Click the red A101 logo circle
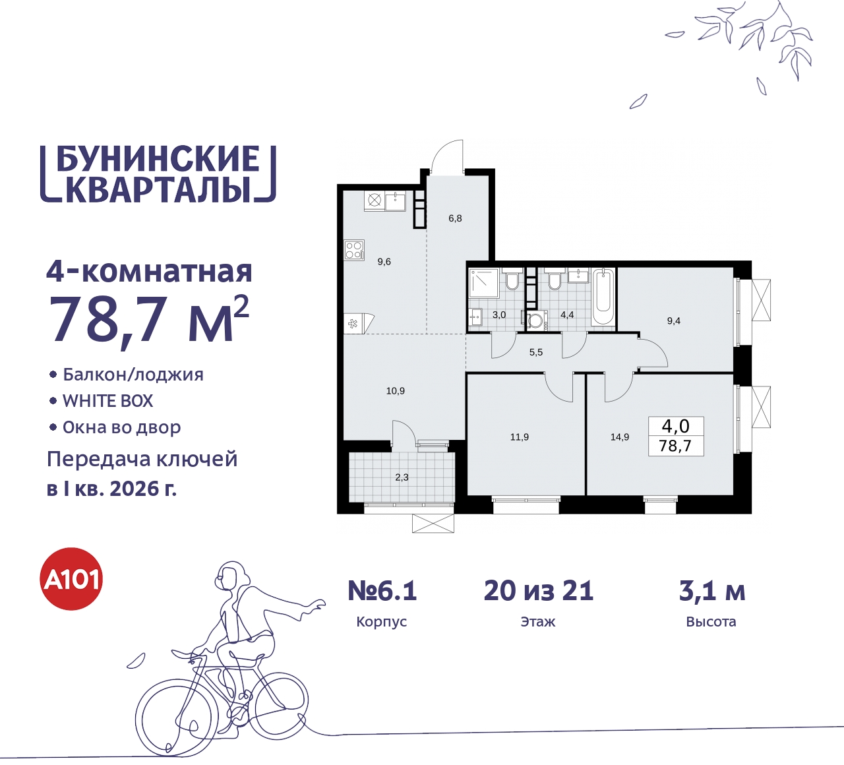coord(72,579)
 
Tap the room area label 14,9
coord(619,437)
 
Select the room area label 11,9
coord(519,437)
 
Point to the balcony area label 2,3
coord(402,477)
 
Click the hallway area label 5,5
coord(536,353)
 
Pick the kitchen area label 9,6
coord(384,262)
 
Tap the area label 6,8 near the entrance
coord(455,218)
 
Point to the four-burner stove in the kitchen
coord(354,250)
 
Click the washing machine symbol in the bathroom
coord(535,321)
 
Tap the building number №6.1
coord(382,591)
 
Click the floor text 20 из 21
coord(539,591)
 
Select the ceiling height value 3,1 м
coord(711,591)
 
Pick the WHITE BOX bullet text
coord(107,401)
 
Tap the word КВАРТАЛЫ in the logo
coord(158,189)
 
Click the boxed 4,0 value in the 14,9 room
coord(675,426)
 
